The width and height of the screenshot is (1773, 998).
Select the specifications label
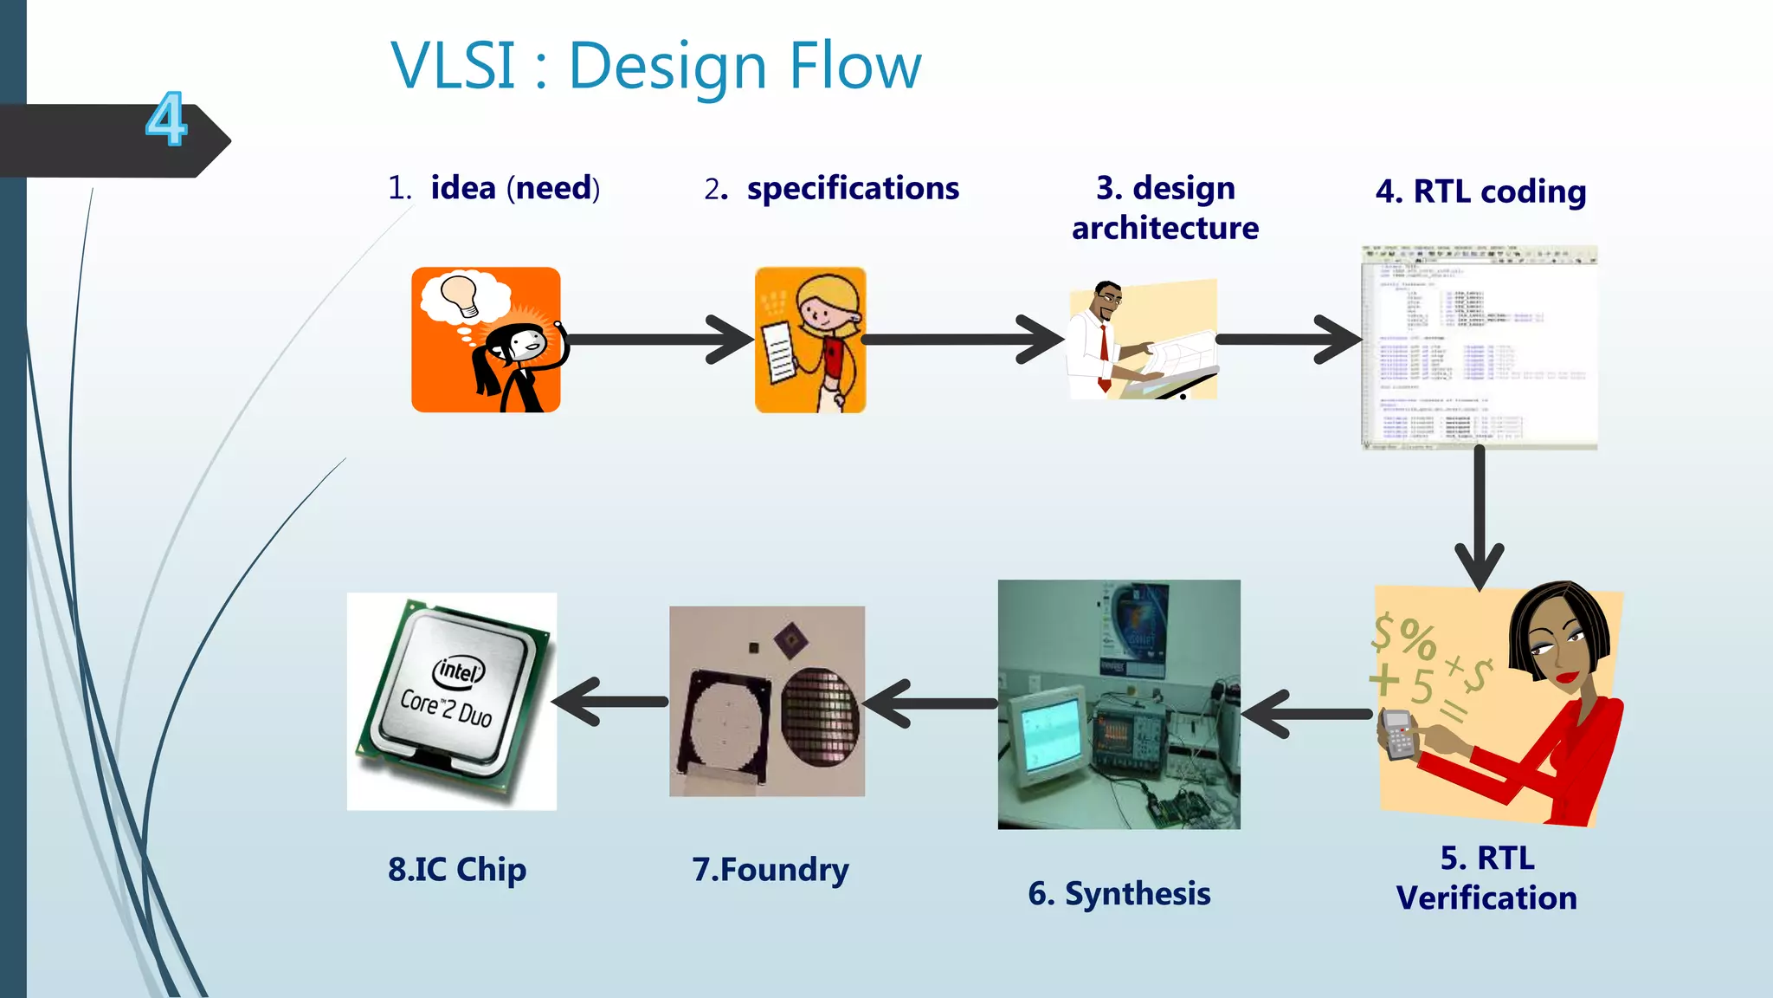point(852,188)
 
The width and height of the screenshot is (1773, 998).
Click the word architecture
point(1164,228)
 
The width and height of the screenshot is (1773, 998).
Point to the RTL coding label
point(1481,191)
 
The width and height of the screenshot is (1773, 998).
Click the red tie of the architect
point(1104,351)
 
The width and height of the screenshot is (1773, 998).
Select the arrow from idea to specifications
point(658,340)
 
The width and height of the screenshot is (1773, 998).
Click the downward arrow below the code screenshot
point(1480,520)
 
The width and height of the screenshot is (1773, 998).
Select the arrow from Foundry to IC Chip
point(610,701)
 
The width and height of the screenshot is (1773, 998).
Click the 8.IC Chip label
point(456,869)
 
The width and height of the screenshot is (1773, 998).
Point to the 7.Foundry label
point(770,869)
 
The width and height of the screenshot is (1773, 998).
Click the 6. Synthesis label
point(1119,893)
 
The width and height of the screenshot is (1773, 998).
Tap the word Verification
point(1486,898)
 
